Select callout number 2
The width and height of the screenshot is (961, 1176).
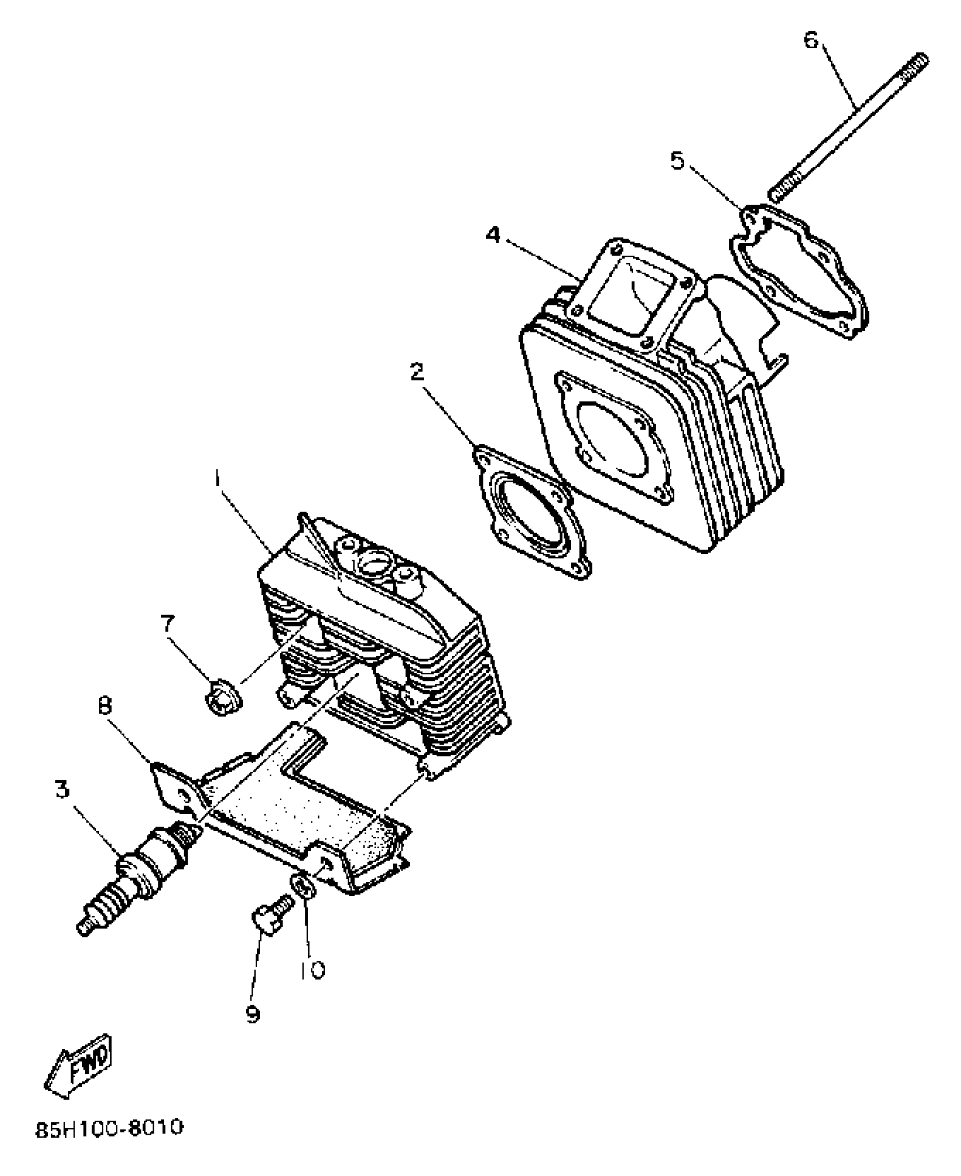point(417,372)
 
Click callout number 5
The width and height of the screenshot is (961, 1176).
point(677,161)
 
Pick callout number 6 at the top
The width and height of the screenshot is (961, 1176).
point(811,41)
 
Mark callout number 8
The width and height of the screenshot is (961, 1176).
point(105,706)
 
